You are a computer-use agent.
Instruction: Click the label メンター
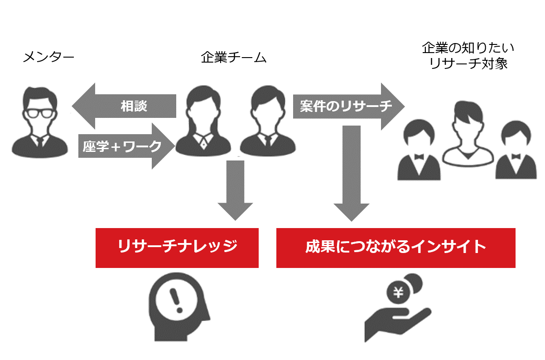[x=48, y=57]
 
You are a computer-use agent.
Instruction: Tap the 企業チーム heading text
[x=233, y=58]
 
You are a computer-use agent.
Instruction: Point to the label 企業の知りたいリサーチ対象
[x=468, y=55]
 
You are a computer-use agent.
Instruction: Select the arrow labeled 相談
[x=124, y=106]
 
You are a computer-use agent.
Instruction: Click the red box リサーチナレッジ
[x=177, y=248]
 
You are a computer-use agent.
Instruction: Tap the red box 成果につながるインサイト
[x=395, y=248]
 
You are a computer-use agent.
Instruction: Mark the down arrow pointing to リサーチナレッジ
[x=235, y=190]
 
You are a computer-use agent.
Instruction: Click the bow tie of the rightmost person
[x=516, y=156]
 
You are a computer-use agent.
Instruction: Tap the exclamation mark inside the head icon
[x=174, y=300]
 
